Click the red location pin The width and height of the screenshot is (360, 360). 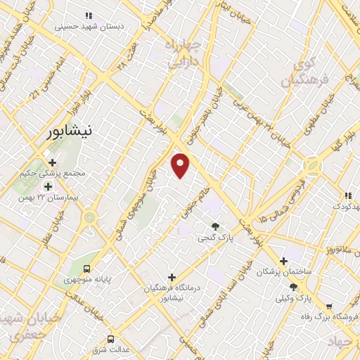181,166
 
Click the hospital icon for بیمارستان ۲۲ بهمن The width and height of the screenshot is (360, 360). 48,186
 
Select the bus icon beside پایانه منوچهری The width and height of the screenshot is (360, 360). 86,269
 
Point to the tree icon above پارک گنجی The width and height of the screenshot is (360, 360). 215,226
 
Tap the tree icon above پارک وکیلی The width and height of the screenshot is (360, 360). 293,287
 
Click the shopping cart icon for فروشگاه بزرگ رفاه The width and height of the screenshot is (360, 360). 328,306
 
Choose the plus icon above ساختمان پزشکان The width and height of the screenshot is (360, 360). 283,260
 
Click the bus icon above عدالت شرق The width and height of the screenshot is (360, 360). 110,339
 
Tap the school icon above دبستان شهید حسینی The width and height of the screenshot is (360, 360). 88,15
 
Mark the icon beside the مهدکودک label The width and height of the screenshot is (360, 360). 347,195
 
